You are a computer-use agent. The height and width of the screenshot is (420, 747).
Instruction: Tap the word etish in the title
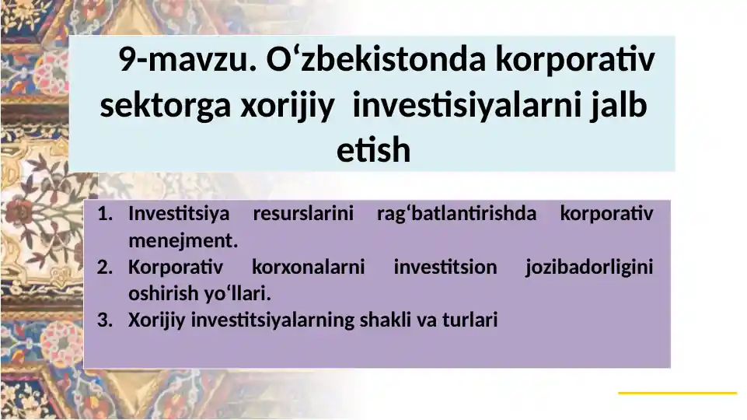(x=373, y=150)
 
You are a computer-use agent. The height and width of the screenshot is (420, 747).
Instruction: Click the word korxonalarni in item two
(x=309, y=268)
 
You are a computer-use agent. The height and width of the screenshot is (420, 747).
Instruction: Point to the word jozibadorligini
(x=588, y=268)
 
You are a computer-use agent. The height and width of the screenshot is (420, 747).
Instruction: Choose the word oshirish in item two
(x=159, y=294)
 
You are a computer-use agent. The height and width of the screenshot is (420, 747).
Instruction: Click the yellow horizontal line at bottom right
(x=677, y=393)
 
